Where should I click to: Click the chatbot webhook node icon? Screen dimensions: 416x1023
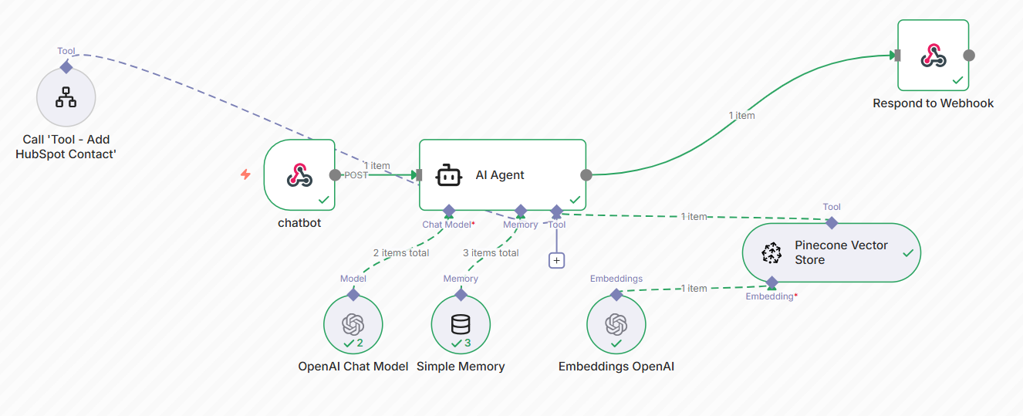(x=299, y=175)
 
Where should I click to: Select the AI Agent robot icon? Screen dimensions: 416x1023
(x=449, y=175)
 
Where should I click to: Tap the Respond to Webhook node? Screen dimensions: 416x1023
(x=934, y=56)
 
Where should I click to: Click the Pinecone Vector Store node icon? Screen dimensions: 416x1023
(x=771, y=252)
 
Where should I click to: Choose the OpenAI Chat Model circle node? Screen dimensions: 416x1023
(x=353, y=323)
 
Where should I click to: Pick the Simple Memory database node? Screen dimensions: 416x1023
(x=461, y=323)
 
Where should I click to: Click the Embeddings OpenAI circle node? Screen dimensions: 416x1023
(x=616, y=323)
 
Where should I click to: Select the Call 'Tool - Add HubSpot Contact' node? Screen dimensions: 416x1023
(x=66, y=97)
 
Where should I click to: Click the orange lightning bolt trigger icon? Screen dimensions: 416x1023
(x=245, y=174)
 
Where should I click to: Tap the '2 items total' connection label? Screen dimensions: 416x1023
(x=401, y=252)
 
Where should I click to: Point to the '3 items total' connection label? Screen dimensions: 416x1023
(x=491, y=252)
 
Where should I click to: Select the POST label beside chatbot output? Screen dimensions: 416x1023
(x=356, y=175)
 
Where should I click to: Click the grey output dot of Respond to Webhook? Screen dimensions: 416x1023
(x=969, y=56)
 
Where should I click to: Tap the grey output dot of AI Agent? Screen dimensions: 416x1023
(x=586, y=175)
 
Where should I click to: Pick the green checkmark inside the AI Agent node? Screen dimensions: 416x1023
(x=575, y=200)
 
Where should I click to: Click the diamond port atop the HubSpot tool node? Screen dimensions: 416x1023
(x=66, y=67)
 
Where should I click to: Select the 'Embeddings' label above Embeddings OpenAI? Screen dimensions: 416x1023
(x=616, y=279)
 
